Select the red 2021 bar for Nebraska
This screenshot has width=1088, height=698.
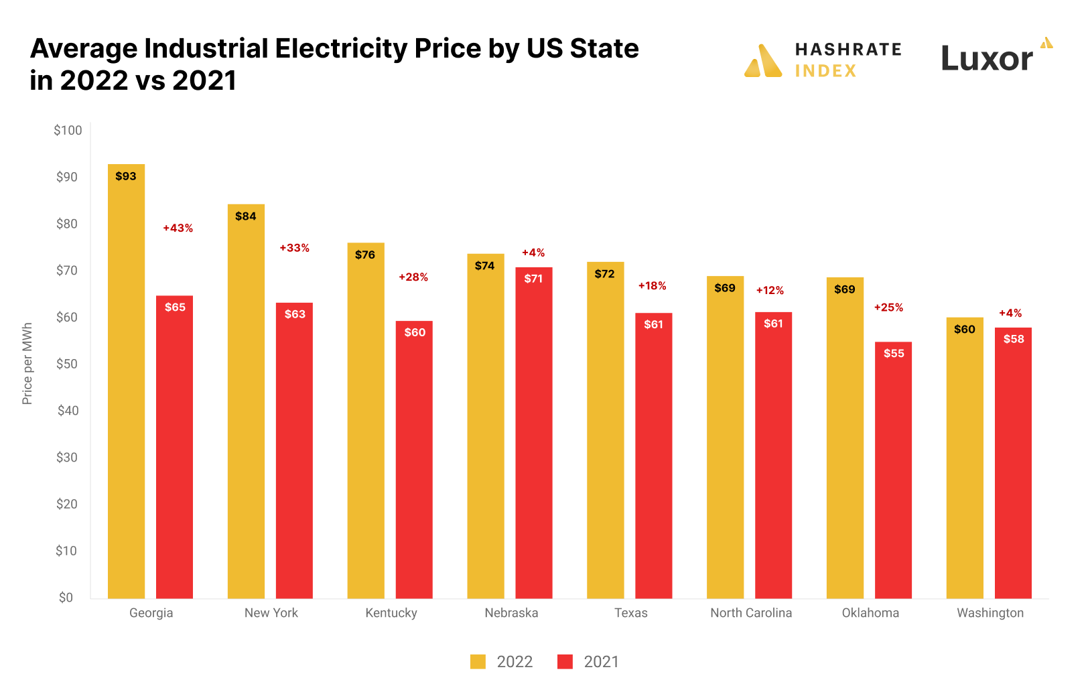pyautogui.click(x=533, y=435)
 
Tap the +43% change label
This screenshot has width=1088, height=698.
pyautogui.click(x=178, y=228)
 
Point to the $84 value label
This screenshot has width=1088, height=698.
pyautogui.click(x=246, y=216)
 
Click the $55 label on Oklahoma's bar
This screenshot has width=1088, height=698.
pyautogui.click(x=894, y=354)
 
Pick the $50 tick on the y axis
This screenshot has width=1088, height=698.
pyautogui.click(x=66, y=364)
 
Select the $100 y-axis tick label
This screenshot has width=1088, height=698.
pyautogui.click(x=68, y=131)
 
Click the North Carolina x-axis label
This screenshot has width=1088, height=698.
pyautogui.click(x=750, y=613)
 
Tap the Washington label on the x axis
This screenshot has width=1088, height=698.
pyautogui.click(x=990, y=613)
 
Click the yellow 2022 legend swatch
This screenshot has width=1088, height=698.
pyautogui.click(x=478, y=662)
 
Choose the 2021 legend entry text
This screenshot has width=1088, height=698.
pyautogui.click(x=601, y=662)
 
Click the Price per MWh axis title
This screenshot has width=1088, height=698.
pyautogui.click(x=27, y=364)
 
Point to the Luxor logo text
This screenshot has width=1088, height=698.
pyautogui.click(x=987, y=59)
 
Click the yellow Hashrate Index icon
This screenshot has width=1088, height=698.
pyautogui.click(x=763, y=62)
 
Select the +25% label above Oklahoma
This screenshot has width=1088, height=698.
pyautogui.click(x=888, y=307)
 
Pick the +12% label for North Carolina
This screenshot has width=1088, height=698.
pyautogui.click(x=770, y=291)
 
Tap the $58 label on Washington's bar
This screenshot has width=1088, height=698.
pyautogui.click(x=1013, y=339)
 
